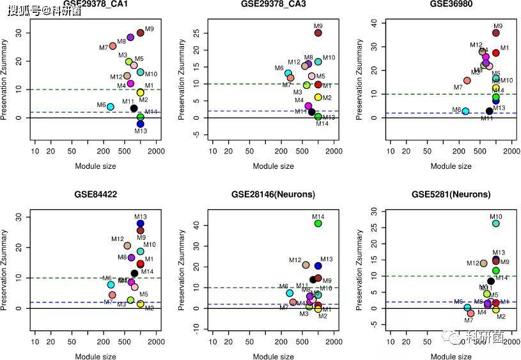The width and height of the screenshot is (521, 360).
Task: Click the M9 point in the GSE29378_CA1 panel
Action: (x=140, y=33)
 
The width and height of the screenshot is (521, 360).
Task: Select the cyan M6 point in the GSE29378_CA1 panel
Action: (x=110, y=107)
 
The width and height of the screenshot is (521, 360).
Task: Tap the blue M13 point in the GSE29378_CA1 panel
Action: (x=140, y=123)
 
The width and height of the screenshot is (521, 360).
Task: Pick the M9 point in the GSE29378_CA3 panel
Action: (x=318, y=33)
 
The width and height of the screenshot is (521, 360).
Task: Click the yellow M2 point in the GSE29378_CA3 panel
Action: (x=318, y=97)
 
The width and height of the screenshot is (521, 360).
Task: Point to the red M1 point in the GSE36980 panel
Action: (x=495, y=52)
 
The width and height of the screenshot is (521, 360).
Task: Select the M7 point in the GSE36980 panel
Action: (x=467, y=81)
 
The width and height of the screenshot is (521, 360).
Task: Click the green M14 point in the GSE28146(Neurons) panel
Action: (x=318, y=223)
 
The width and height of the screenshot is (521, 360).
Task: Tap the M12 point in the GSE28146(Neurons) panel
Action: (x=306, y=265)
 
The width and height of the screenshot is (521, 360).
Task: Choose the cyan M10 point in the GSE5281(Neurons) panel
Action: (x=495, y=223)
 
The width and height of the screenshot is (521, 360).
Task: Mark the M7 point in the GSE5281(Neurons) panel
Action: (x=471, y=313)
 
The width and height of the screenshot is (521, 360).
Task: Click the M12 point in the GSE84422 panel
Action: (x=127, y=246)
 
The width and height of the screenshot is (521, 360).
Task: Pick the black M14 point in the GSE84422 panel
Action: (x=134, y=273)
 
